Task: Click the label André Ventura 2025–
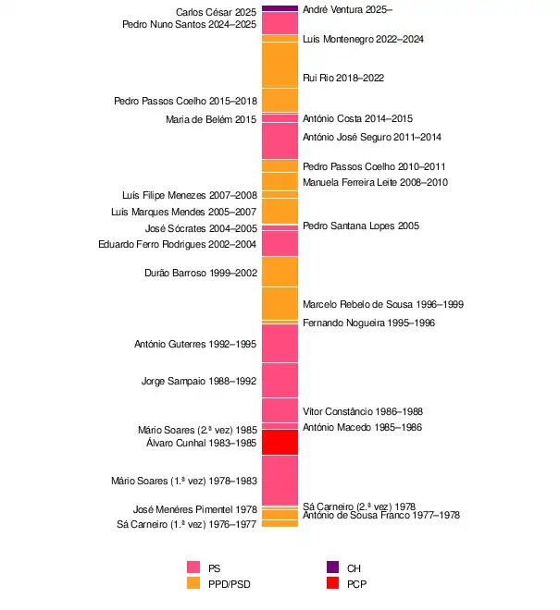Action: [347, 9]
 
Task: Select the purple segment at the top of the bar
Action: [280, 8]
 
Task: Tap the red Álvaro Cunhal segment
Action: [280, 443]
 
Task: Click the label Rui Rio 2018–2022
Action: [330, 79]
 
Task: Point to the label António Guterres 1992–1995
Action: [195, 345]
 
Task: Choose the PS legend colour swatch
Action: [193, 567]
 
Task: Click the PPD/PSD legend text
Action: [230, 584]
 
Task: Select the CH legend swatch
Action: [332, 567]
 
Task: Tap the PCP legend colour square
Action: [332, 584]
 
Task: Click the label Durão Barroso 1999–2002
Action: [201, 273]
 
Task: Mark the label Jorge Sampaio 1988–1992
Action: [199, 381]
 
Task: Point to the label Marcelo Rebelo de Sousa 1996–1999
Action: [383, 304]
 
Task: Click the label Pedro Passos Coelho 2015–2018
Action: [185, 101]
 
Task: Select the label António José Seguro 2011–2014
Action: [372, 137]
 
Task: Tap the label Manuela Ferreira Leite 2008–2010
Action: [375, 182]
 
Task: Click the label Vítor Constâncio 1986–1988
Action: [363, 411]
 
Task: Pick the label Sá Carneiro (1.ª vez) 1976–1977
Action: [187, 525]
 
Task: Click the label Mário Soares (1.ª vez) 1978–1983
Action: [184, 481]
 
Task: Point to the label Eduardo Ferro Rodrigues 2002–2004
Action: [178, 244]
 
